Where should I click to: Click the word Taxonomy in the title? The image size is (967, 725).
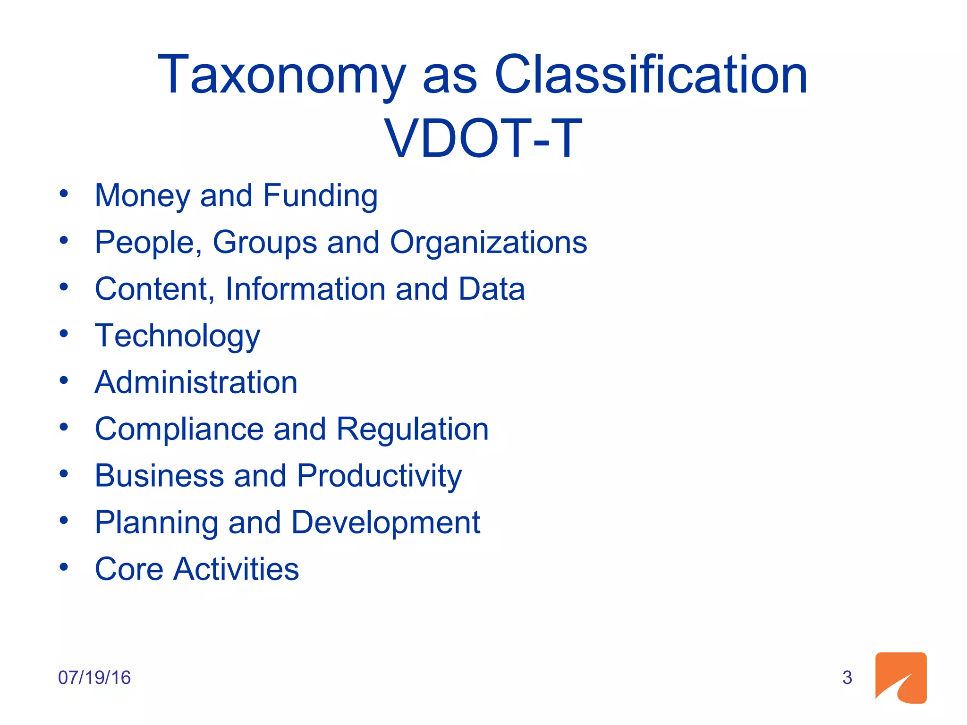[x=281, y=76]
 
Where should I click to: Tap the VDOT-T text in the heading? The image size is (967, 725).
[x=483, y=138]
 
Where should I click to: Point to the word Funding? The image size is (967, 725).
[x=320, y=196]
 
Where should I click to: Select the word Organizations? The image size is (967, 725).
[x=488, y=243]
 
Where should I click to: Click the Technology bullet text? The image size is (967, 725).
[x=178, y=336]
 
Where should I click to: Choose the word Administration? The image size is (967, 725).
[x=196, y=382]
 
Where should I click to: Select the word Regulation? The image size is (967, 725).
[x=412, y=429]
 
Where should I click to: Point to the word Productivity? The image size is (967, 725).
[x=379, y=476]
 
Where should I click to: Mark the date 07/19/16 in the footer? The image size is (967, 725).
[x=94, y=678]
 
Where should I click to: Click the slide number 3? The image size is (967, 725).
[x=847, y=678]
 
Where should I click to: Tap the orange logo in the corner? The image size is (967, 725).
[x=900, y=678]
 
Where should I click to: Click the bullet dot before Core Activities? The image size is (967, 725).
[x=64, y=567]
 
